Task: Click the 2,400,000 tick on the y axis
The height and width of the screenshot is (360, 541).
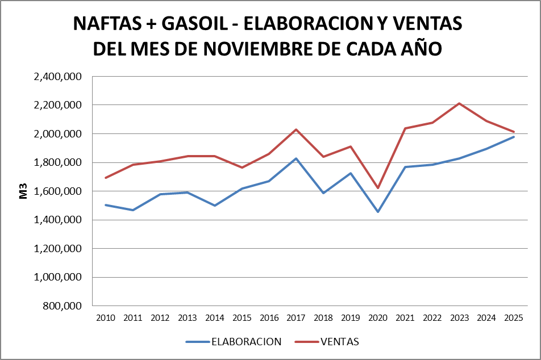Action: point(59,77)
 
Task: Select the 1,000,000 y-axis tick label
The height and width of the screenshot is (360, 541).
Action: point(59,278)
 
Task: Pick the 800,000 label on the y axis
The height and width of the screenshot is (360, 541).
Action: point(63,306)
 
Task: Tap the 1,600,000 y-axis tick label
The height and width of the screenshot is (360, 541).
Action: point(59,191)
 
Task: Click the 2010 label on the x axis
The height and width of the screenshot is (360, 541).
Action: point(106,317)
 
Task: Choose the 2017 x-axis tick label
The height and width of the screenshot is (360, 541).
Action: point(296,317)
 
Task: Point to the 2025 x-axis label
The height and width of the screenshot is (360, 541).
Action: point(514,317)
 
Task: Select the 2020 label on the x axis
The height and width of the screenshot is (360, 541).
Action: point(378,317)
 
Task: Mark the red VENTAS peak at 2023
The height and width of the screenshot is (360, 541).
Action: point(459,103)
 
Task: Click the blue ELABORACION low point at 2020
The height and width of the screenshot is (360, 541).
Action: point(378,212)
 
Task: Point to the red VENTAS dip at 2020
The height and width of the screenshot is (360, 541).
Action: point(378,188)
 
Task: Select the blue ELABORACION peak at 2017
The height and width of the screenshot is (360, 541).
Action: point(296,158)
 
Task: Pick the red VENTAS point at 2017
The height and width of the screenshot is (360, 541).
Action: point(296,129)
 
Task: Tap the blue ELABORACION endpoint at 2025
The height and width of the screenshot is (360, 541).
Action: point(514,137)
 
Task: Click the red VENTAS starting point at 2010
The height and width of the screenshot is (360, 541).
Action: point(106,178)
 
